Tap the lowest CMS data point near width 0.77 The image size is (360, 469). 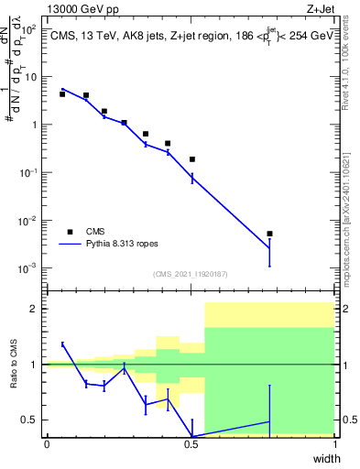pyautogui.click(x=269, y=234)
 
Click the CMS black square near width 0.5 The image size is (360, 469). pyautogui.click(x=192, y=159)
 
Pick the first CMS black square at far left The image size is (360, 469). pyautogui.click(x=62, y=94)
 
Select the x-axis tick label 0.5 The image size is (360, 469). pyautogui.click(x=191, y=444)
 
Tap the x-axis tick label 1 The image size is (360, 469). pyautogui.click(x=334, y=444)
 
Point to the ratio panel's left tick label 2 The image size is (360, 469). pyautogui.click(x=34, y=310)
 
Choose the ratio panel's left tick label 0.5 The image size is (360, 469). pyautogui.click(x=30, y=420)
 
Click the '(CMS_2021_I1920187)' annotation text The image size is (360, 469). pyautogui.click(x=191, y=274)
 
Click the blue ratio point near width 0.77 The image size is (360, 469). pyautogui.click(x=269, y=421)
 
